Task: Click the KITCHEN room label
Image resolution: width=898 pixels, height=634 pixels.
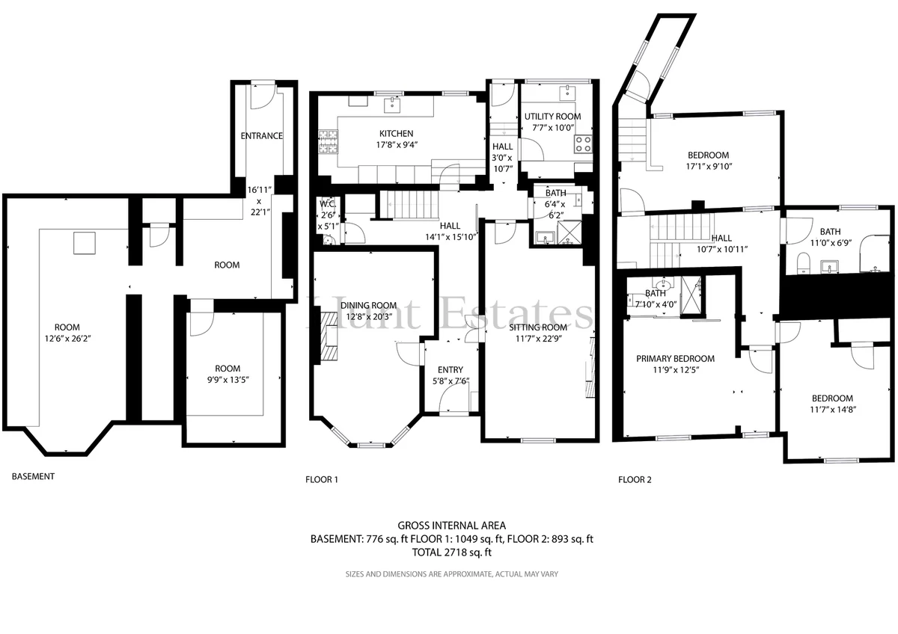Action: [396, 133]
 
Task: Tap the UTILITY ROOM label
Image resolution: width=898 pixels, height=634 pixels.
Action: [552, 117]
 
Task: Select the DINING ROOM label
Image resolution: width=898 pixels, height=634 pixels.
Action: [368, 306]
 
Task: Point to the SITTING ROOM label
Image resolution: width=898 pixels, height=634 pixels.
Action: [538, 327]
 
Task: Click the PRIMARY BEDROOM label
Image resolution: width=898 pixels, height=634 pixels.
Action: [675, 358]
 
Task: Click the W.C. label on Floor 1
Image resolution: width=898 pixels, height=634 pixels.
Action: [328, 204]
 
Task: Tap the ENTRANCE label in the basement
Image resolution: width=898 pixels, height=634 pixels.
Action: [261, 136]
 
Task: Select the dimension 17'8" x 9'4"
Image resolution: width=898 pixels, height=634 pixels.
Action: [397, 144]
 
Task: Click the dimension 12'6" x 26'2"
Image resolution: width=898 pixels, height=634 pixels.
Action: [67, 339]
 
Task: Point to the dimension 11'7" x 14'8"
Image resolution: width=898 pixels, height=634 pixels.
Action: [833, 410]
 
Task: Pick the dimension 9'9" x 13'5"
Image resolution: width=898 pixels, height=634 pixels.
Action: [227, 380]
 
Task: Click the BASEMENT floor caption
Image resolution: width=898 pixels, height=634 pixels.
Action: [33, 476]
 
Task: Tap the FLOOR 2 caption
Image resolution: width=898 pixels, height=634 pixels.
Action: [635, 479]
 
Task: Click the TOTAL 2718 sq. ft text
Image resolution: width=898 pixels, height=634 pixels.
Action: [452, 553]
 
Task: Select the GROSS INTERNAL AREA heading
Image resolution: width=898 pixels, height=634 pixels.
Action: [452, 526]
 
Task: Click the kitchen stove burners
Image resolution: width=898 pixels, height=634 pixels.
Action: [329, 142]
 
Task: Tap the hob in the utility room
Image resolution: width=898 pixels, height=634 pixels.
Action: [583, 144]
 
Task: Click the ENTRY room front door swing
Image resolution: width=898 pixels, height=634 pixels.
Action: [454, 399]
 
